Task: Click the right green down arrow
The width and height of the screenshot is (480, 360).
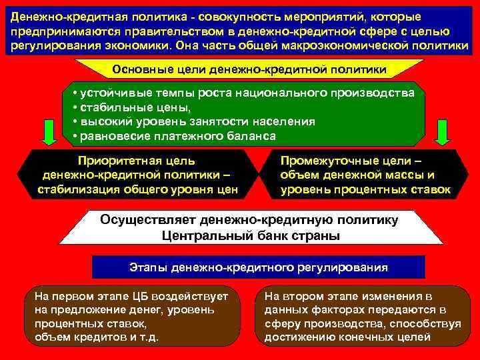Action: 441,131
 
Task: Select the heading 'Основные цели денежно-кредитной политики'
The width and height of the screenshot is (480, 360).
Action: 249,69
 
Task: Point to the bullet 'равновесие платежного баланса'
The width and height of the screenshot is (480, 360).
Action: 177,136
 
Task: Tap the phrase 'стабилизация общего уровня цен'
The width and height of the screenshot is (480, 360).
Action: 137,189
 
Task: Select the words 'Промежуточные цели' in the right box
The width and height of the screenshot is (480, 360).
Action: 347,161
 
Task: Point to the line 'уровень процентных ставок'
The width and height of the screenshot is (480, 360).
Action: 365,189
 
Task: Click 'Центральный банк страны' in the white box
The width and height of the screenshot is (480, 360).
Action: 250,235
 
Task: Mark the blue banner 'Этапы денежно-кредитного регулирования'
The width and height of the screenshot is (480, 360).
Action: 258,267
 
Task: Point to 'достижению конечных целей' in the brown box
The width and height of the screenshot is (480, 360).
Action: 347,337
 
